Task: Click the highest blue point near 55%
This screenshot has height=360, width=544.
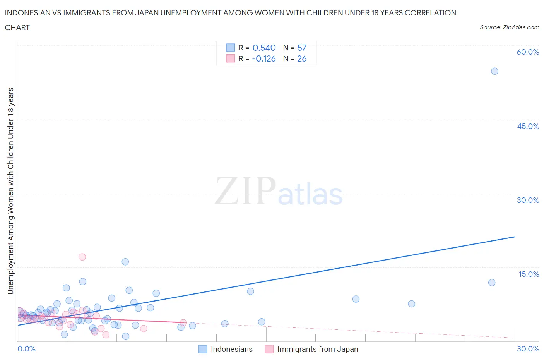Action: click(494, 71)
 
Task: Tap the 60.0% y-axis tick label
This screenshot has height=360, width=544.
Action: click(528, 52)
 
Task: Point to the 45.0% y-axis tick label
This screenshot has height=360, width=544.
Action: click(528, 126)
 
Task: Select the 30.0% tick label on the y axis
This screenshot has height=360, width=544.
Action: click(528, 200)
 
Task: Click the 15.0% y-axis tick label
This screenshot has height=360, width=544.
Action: click(529, 274)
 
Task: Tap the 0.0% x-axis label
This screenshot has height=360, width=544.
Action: click(26, 349)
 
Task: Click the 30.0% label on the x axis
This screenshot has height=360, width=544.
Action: click(528, 349)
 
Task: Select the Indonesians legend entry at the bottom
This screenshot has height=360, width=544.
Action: click(231, 349)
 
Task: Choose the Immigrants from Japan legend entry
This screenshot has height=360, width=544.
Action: click(317, 349)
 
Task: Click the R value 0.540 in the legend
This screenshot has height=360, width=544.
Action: click(264, 48)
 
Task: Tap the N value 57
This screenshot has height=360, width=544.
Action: click(302, 48)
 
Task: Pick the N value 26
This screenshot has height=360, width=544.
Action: click(302, 58)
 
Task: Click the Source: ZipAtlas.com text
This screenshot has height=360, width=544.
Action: click(509, 27)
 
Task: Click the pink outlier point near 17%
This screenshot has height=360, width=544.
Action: click(82, 257)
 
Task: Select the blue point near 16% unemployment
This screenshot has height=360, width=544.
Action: click(125, 262)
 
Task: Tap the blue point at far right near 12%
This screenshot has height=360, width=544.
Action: click(492, 283)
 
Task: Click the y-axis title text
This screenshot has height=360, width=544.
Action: click(10, 191)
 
